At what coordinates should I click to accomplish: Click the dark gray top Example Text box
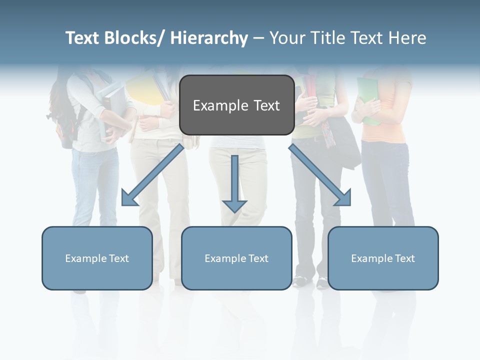(x=236, y=105)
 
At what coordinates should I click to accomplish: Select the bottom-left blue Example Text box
(x=97, y=258)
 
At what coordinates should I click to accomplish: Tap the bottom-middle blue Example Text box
(x=236, y=258)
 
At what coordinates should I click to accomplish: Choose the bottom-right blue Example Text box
(x=383, y=258)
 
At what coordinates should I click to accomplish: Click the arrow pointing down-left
(x=152, y=175)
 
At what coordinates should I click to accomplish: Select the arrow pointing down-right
(x=320, y=175)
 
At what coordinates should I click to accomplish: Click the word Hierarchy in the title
(x=209, y=38)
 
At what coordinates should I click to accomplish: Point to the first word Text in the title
(x=83, y=38)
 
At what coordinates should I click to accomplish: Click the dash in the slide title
(x=258, y=38)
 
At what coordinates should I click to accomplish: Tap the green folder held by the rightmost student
(x=367, y=100)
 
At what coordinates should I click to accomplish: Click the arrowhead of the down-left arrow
(x=129, y=198)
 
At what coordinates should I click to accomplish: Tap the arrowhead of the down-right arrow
(x=343, y=198)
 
